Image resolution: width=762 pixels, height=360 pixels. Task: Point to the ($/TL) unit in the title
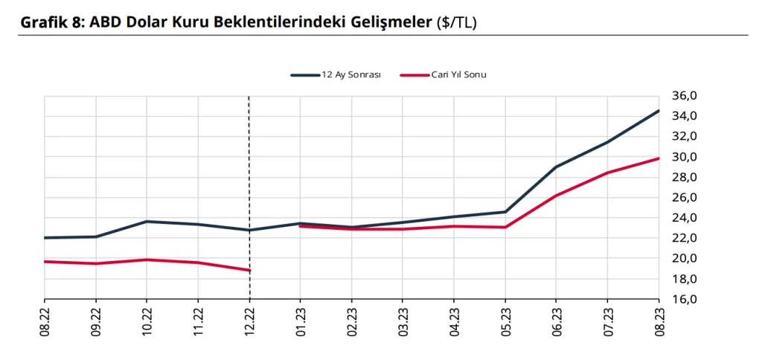(x=456, y=22)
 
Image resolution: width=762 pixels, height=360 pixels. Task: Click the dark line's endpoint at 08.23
(x=659, y=111)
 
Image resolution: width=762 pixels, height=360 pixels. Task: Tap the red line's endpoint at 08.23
(x=659, y=158)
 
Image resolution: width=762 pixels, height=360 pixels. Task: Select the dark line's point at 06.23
(x=556, y=167)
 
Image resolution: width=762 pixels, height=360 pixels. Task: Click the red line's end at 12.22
(x=249, y=270)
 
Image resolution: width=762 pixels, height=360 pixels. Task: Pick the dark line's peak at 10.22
(x=147, y=222)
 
